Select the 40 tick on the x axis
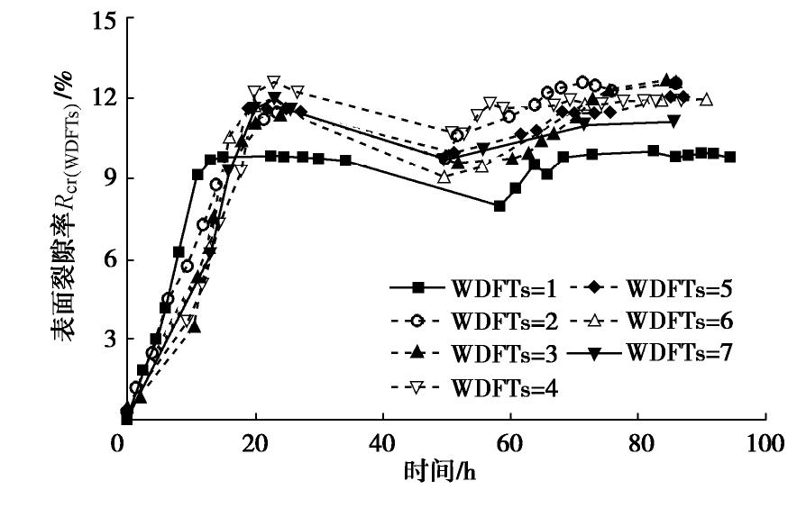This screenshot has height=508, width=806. click(x=383, y=442)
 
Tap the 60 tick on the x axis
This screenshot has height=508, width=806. click(x=510, y=442)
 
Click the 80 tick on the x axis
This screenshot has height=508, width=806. click(x=637, y=442)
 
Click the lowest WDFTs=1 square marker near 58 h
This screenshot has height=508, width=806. click(x=499, y=206)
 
